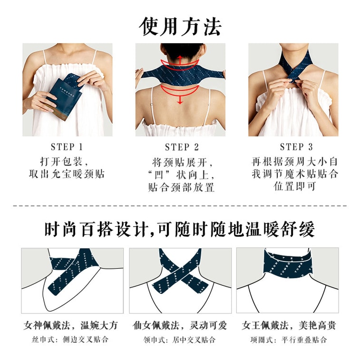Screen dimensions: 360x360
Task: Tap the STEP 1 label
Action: coord(67,147)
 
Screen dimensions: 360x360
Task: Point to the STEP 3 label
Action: coord(294,147)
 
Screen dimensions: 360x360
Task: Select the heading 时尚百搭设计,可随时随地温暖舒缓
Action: coord(180,230)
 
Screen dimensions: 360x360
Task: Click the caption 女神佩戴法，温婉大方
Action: coord(71,326)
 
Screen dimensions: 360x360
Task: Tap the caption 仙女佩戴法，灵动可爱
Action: coord(180,326)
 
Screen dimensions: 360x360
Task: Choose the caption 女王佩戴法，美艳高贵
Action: coord(289,326)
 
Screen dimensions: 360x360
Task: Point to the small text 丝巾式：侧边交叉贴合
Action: coord(71,340)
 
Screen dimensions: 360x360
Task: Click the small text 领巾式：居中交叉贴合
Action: coord(180,340)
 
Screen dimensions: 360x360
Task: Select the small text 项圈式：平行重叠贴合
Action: coord(289,340)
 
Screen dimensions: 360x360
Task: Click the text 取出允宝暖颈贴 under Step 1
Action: coord(67,174)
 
